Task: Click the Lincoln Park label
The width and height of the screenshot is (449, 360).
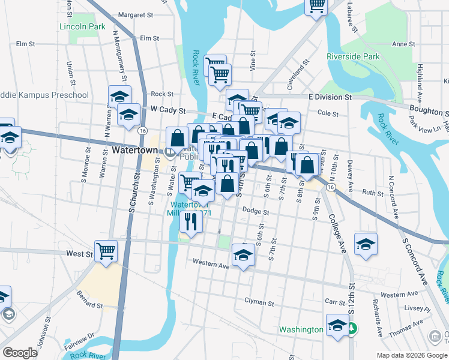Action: pos(82,27)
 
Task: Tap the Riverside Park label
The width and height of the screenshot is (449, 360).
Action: pos(353,57)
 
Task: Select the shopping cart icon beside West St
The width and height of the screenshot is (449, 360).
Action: pos(106,250)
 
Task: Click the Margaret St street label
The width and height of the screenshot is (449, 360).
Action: pos(136,14)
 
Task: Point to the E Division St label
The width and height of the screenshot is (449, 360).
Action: pos(330,97)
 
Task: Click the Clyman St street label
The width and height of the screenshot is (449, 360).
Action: pos(259,301)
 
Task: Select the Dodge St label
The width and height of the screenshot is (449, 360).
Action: pos(256,212)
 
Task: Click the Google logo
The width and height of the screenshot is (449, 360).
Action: pos(20,352)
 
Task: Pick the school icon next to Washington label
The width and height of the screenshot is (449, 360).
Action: pos(337,325)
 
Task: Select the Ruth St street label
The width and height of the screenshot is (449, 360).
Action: pos(372,193)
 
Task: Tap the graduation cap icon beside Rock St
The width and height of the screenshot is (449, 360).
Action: pos(120,96)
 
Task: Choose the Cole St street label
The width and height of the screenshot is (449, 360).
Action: pos(328,113)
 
